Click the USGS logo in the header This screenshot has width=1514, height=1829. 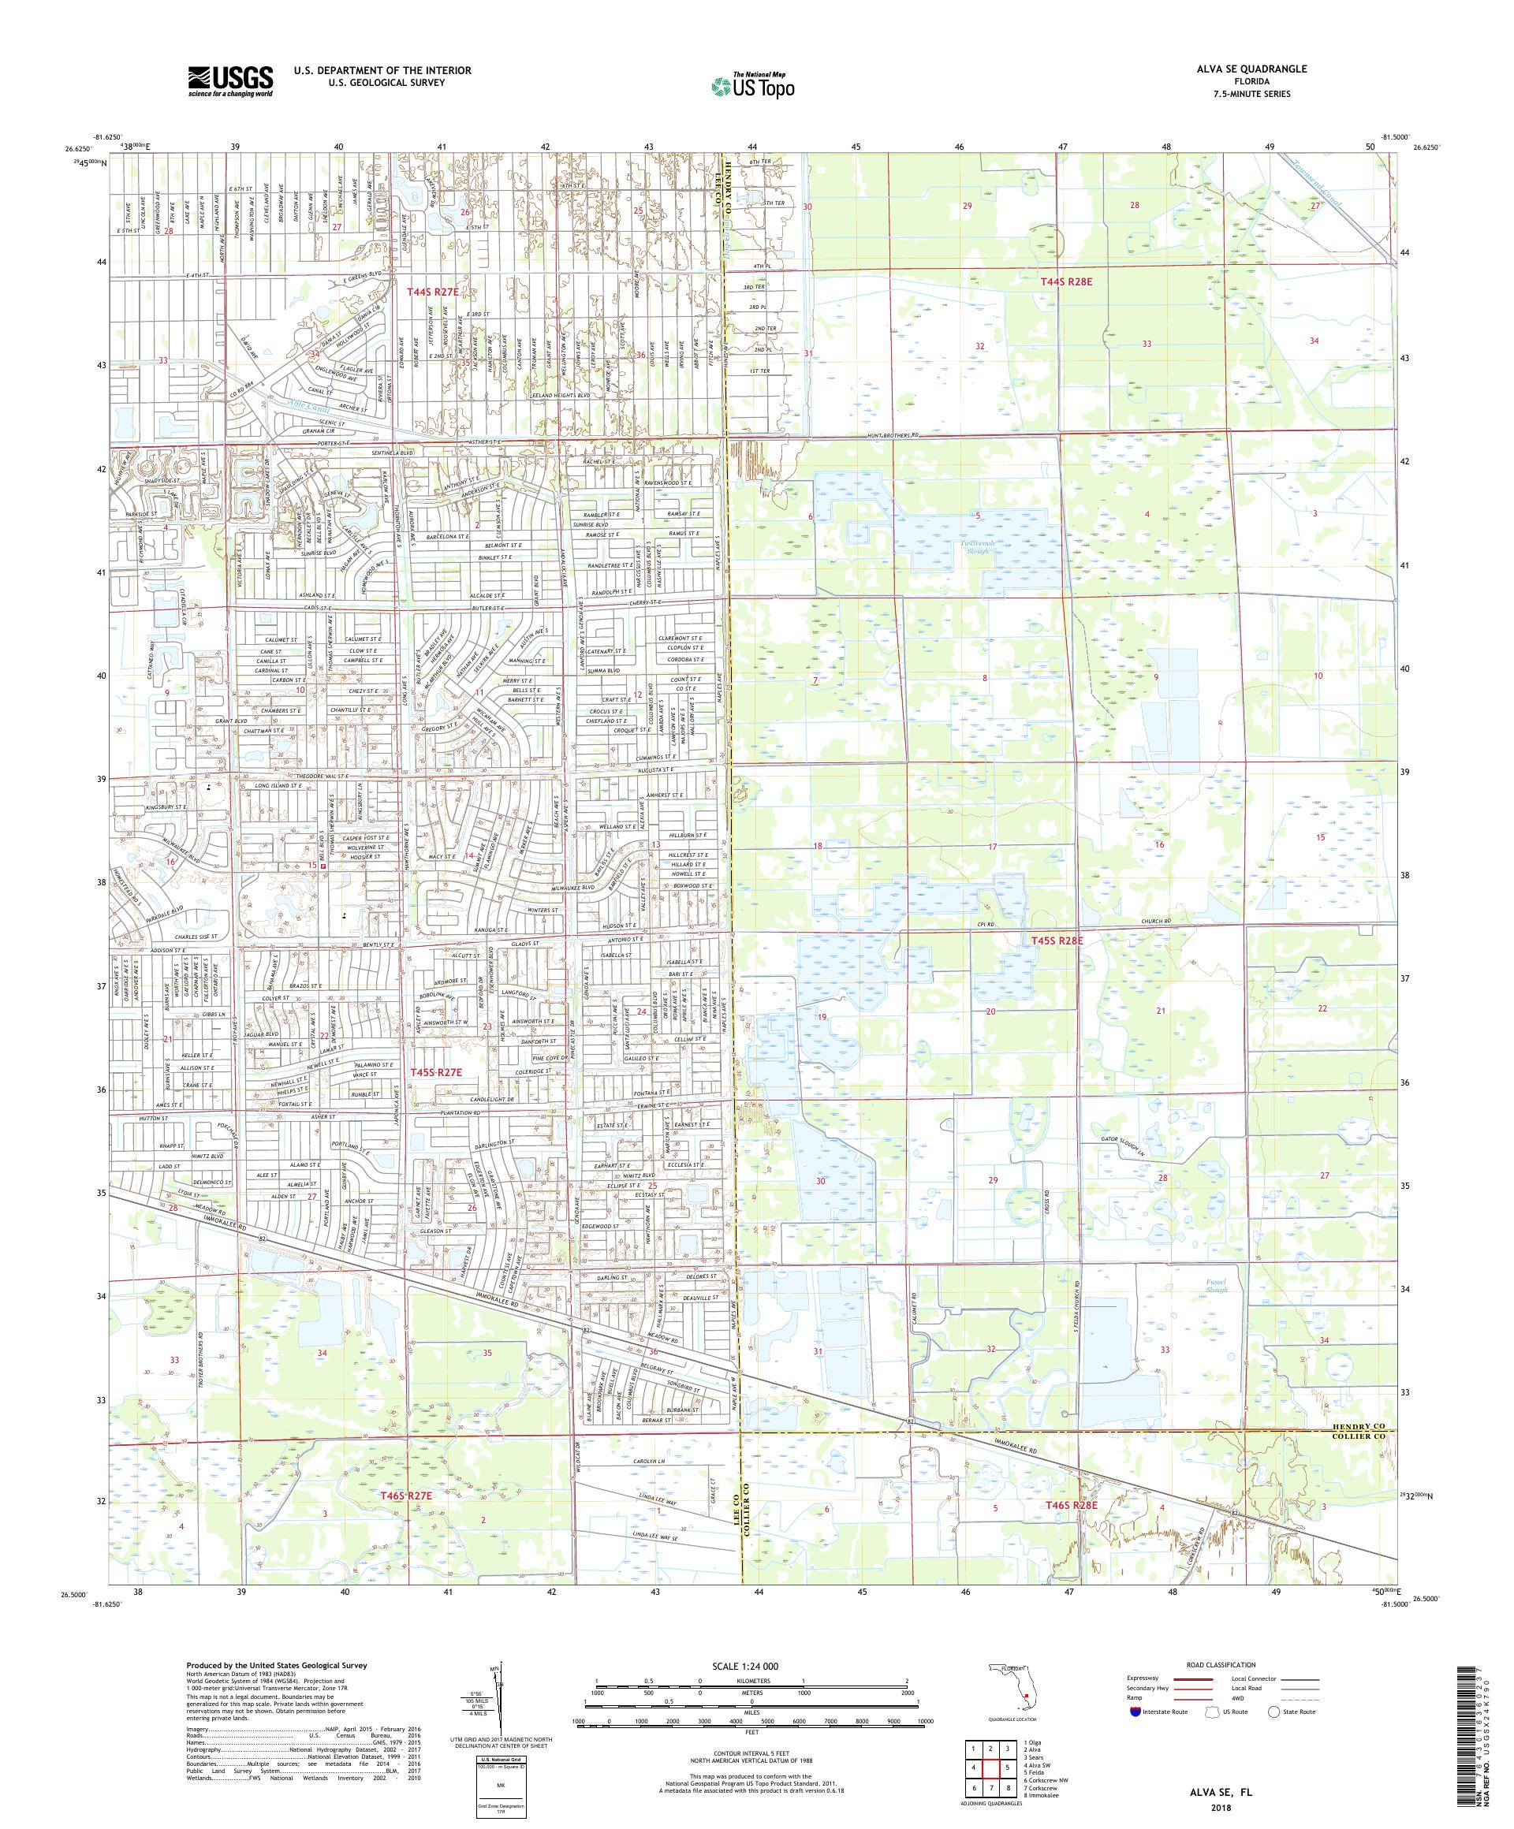(230, 82)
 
